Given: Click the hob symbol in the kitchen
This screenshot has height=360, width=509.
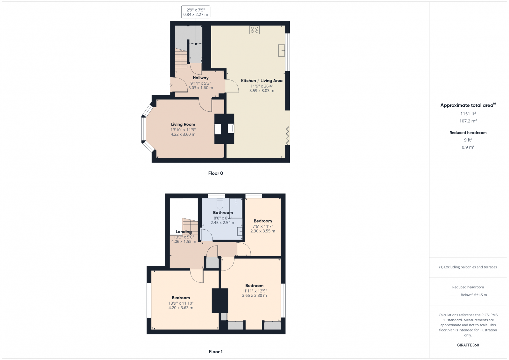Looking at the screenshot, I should tap(254, 30).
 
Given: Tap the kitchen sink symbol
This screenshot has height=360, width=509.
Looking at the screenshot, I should tap(282, 50).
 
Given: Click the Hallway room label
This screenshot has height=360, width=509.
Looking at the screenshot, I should tap(200, 78).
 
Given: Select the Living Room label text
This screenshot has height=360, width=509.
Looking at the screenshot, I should tap(183, 124).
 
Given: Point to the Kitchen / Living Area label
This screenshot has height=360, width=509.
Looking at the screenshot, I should tap(261, 81).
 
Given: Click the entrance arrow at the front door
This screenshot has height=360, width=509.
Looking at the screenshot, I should tap(171, 85).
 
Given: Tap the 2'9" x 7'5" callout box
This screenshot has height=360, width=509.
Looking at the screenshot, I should tap(196, 12).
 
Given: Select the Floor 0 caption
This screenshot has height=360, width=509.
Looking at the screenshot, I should tap(215, 173).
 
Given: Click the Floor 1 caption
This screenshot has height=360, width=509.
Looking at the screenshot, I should tap(215, 352).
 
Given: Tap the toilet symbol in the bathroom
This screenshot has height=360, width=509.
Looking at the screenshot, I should tap(220, 204).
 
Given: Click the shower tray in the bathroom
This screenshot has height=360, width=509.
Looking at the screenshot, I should tap(236, 208).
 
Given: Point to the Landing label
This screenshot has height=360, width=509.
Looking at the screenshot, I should tap(184, 232).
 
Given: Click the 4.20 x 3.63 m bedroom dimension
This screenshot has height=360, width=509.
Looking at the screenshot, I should tap(181, 308).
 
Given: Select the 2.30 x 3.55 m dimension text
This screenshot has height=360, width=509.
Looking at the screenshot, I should tap(262, 231).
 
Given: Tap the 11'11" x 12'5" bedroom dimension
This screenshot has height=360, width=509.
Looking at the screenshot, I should tap(254, 291).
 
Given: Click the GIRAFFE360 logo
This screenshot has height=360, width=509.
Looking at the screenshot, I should tap(468, 345).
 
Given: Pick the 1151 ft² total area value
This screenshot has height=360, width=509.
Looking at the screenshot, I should tap(468, 114).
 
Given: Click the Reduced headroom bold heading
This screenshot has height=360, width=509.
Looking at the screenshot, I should tap(468, 133).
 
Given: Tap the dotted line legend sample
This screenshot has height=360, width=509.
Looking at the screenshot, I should tap(453, 295).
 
